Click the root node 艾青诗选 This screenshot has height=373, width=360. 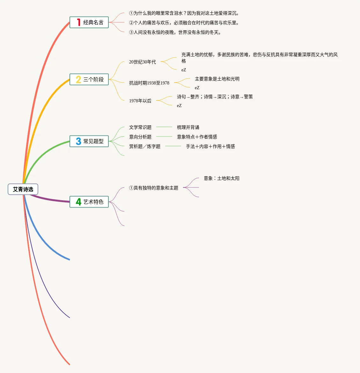click(x=23, y=189)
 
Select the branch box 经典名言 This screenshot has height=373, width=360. click(x=89, y=22)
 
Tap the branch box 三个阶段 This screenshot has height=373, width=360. click(x=89, y=79)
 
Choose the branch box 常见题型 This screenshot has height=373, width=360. click(x=89, y=141)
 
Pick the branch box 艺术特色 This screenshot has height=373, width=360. click(x=89, y=202)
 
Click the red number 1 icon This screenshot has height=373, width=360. click(x=78, y=22)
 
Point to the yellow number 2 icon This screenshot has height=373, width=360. click(x=78, y=79)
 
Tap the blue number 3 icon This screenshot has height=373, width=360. click(x=78, y=141)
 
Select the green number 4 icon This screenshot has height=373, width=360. click(x=78, y=202)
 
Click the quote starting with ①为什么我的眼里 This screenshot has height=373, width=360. click(x=184, y=13)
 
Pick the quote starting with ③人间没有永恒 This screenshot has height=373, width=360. click(x=175, y=32)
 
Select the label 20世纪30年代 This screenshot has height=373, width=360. click(x=143, y=62)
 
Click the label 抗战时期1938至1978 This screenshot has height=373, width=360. click(x=149, y=83)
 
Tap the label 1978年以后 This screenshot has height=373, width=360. click(x=140, y=101)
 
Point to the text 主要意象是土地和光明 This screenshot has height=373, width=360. click(x=217, y=79)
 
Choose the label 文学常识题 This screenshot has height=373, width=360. click(x=140, y=127)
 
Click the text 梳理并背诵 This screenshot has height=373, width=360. click(x=188, y=127)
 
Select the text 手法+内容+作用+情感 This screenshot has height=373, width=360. click(x=210, y=146)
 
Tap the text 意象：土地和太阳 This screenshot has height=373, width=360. click(x=222, y=178)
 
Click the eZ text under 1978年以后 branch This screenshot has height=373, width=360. click(x=179, y=106)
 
